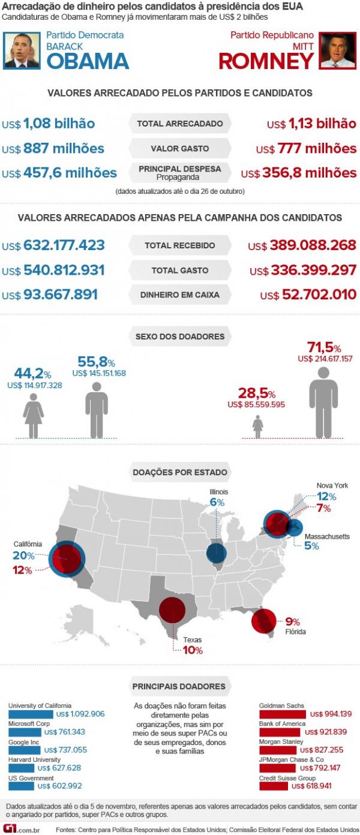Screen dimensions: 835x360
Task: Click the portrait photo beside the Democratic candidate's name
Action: [x=22, y=50]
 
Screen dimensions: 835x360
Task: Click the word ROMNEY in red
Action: [x=266, y=61]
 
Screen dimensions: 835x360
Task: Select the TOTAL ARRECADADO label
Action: [x=180, y=124]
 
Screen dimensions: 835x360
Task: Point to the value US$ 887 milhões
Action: [x=53, y=148]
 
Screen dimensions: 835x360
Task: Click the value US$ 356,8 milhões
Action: [x=299, y=173]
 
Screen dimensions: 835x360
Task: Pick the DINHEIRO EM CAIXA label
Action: [x=180, y=295]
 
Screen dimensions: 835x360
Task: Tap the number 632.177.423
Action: [x=64, y=245]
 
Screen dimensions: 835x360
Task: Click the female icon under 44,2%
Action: [x=34, y=417]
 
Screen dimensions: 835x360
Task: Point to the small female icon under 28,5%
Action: [x=258, y=426]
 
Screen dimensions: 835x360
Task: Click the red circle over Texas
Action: [x=172, y=611]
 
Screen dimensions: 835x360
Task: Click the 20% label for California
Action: [x=23, y=555]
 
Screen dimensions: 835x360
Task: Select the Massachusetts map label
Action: [x=327, y=536]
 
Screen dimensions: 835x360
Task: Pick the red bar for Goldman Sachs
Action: [x=283, y=714]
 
